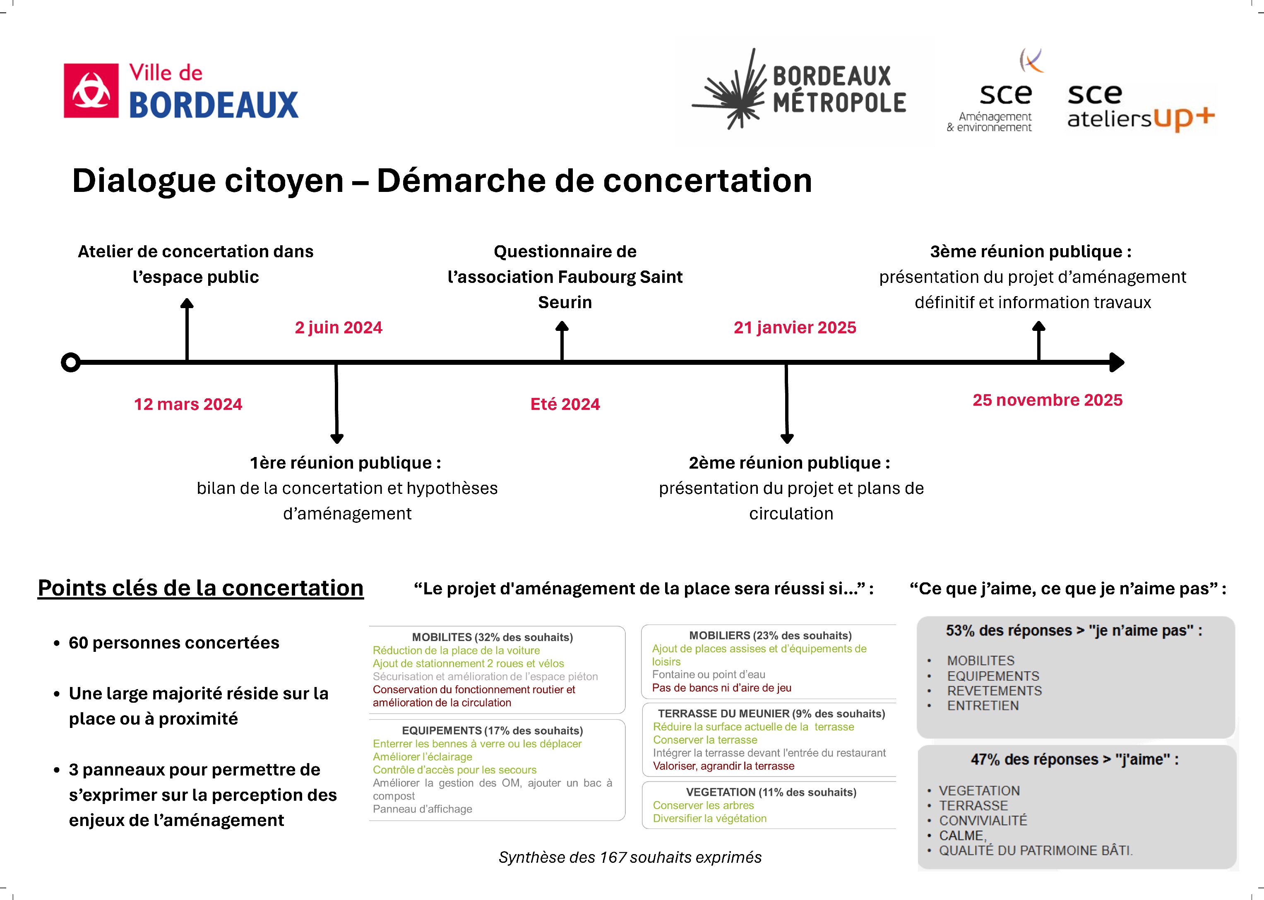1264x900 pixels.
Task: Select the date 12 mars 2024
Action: (x=188, y=404)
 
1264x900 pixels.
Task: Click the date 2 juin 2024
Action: (x=338, y=328)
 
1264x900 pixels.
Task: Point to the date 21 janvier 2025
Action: (x=794, y=328)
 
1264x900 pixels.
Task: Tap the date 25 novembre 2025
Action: (x=1047, y=400)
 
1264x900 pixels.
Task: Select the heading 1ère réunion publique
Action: (x=345, y=463)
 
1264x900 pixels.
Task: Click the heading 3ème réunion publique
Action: (x=1031, y=251)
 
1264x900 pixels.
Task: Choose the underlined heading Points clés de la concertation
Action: (x=200, y=588)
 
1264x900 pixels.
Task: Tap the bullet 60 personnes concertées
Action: (x=173, y=643)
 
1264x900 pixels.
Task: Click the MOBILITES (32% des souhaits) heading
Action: (x=492, y=637)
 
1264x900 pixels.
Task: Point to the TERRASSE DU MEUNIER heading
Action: (x=771, y=714)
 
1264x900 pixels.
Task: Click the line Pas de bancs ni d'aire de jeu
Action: (x=721, y=688)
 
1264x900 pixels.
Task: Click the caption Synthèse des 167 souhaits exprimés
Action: (x=630, y=857)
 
